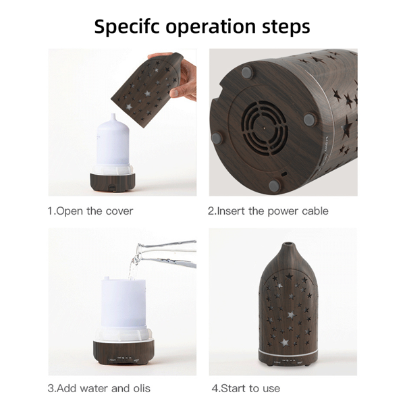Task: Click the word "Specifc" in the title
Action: click(x=127, y=27)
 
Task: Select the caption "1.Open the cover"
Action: click(x=90, y=211)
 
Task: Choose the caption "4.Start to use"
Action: click(x=246, y=388)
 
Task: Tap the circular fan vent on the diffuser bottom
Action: click(x=264, y=128)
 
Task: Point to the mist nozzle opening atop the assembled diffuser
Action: click(x=288, y=244)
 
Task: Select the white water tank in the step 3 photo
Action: click(x=124, y=309)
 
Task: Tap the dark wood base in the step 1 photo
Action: click(x=112, y=182)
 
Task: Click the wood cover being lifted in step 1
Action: click(x=147, y=90)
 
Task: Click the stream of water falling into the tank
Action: click(x=133, y=266)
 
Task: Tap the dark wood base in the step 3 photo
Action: click(x=124, y=352)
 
